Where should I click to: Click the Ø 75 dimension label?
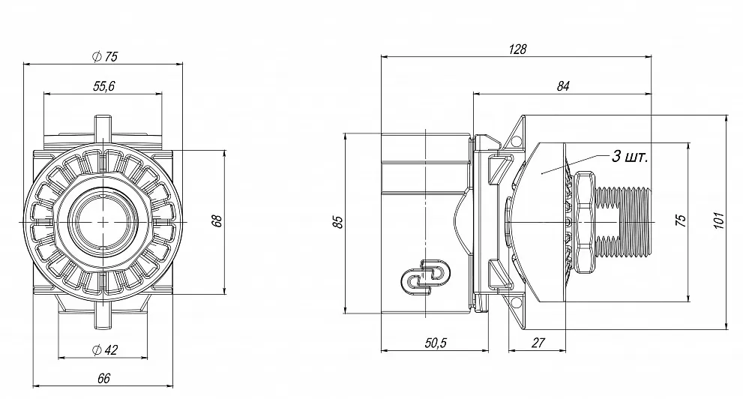point(104,57)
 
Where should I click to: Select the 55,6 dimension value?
point(103,86)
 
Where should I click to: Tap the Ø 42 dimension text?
point(104,350)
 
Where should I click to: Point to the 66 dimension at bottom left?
point(103,379)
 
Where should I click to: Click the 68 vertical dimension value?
point(217,220)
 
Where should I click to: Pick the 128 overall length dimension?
point(517,49)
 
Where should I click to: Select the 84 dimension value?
point(562,86)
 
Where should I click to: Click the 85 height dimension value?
point(338,222)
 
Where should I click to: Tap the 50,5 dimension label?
point(436,343)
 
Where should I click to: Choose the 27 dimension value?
point(538,343)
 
